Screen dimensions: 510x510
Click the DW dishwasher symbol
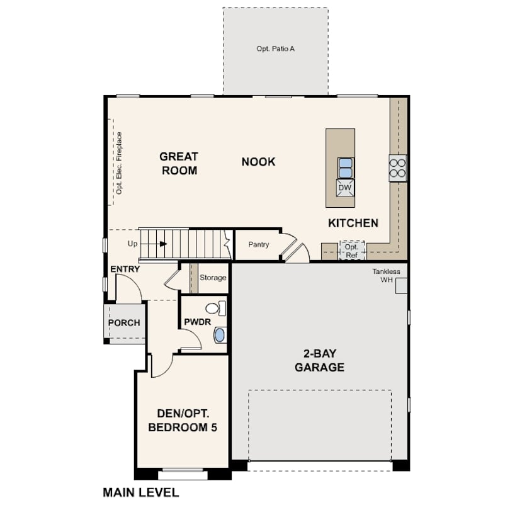click(x=345, y=188)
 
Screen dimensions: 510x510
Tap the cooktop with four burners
click(x=398, y=168)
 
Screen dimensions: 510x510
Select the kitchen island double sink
click(x=346, y=168)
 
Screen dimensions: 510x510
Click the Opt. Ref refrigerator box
click(x=351, y=251)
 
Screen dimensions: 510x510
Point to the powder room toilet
click(x=215, y=309)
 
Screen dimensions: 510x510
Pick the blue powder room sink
click(x=220, y=335)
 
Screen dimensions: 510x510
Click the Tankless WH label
click(x=386, y=276)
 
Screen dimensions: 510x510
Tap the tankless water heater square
click(x=401, y=286)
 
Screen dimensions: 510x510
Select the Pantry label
click(x=259, y=244)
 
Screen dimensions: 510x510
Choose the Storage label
click(x=213, y=278)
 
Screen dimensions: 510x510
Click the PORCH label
click(x=124, y=322)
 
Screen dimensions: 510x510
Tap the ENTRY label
click(x=125, y=269)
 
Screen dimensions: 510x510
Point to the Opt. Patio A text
click(x=276, y=48)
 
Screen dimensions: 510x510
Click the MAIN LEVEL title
click(x=141, y=492)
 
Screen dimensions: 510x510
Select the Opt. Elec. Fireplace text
click(x=119, y=163)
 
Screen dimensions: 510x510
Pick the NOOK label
click(x=258, y=162)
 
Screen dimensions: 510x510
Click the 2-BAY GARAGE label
click(x=319, y=360)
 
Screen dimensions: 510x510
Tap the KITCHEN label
click(x=353, y=223)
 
